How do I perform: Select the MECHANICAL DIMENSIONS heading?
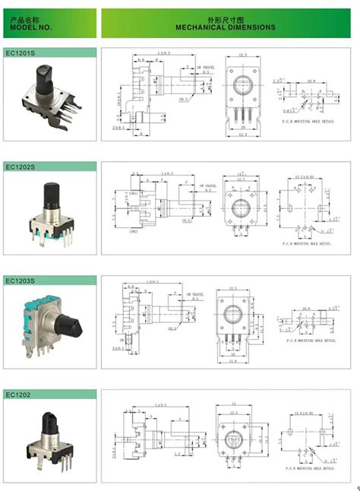226,27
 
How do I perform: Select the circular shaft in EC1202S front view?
243,205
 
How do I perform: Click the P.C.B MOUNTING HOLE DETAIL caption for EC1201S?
305,122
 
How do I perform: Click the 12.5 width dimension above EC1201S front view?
243,55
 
